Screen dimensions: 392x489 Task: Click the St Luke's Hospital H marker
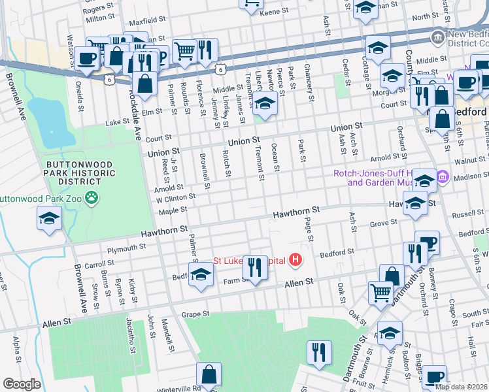coord(296,261)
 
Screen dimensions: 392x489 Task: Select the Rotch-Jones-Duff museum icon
coord(442,176)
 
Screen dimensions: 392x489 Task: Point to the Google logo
coord(22,384)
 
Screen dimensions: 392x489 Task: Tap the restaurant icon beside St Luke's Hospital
coord(255,267)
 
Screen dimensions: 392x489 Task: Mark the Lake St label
coord(118,122)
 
